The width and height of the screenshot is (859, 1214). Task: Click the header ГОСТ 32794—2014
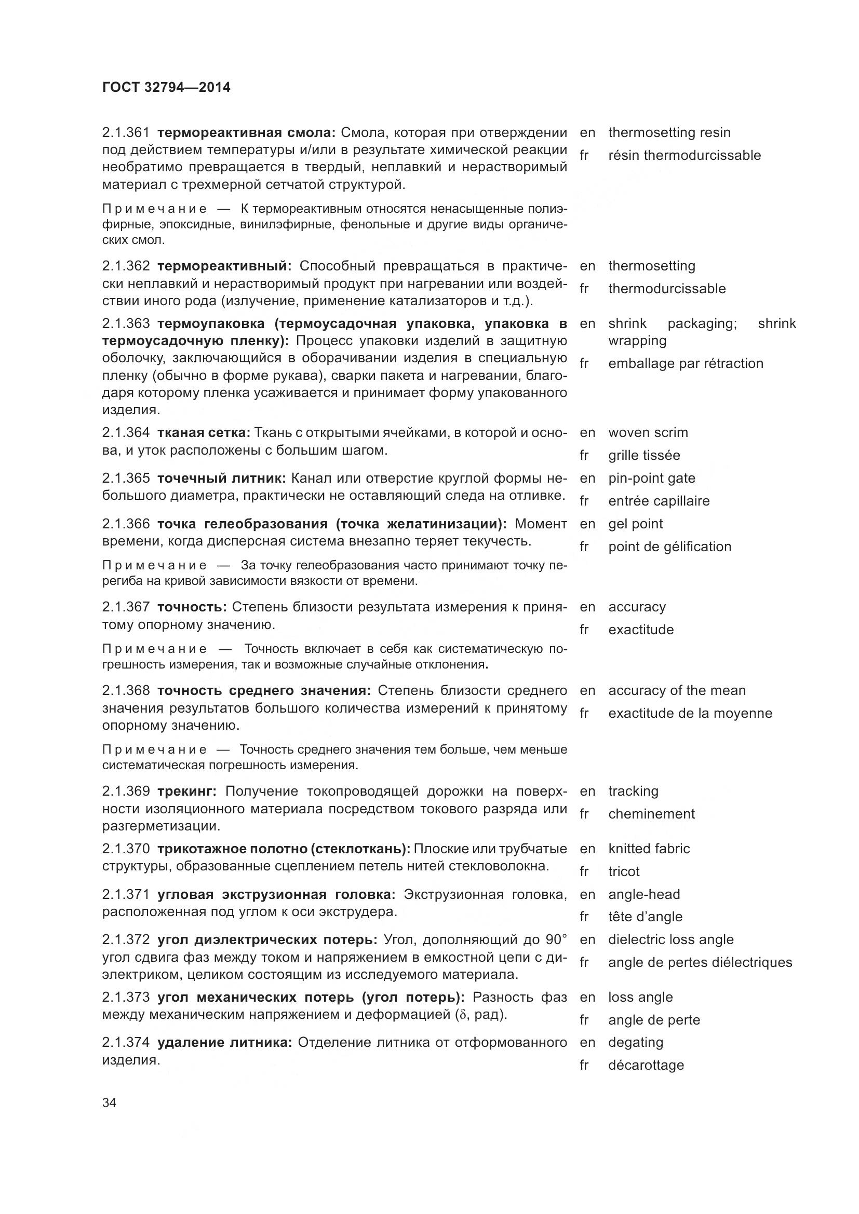coord(166,87)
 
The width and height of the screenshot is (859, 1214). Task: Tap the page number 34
coord(109,1102)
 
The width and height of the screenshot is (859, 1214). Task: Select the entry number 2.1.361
coord(126,132)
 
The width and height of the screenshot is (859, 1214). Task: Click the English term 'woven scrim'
coord(648,432)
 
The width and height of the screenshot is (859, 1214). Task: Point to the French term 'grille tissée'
coord(643,455)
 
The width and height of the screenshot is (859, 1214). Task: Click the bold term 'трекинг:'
coord(187,791)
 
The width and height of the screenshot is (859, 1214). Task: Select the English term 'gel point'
coord(635,524)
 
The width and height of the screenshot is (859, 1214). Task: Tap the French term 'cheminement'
coord(651,814)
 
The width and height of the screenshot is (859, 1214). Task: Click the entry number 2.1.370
coord(126,849)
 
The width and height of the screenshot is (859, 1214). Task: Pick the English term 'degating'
coord(635,1042)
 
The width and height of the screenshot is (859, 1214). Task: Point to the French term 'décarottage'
coord(646,1065)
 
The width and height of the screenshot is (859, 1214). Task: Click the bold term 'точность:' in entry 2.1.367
coord(192,607)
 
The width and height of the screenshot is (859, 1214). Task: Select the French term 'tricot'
coord(624,871)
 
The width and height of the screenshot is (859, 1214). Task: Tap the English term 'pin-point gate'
coord(652,478)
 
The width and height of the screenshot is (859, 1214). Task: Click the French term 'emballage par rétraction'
coord(686,363)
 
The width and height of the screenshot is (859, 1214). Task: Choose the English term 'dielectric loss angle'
coord(670,939)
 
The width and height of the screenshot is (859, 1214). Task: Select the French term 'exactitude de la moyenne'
coord(690,713)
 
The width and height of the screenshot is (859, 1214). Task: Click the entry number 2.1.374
coord(126,1042)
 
